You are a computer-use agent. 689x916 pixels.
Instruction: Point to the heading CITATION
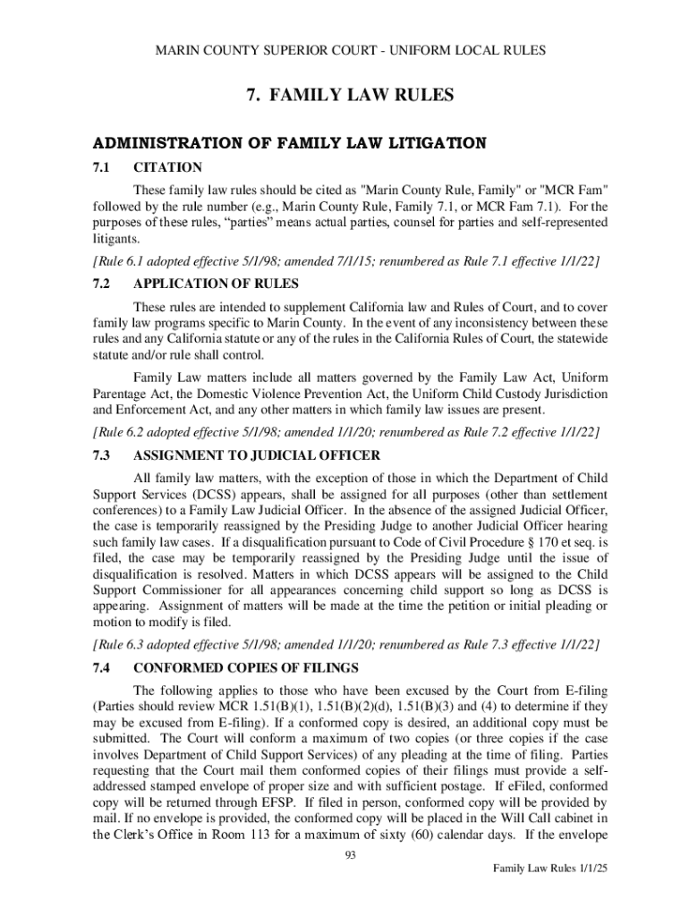tap(167, 167)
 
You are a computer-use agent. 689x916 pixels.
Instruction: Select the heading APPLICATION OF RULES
tap(216, 284)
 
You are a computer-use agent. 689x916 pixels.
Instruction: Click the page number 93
tap(351, 856)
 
